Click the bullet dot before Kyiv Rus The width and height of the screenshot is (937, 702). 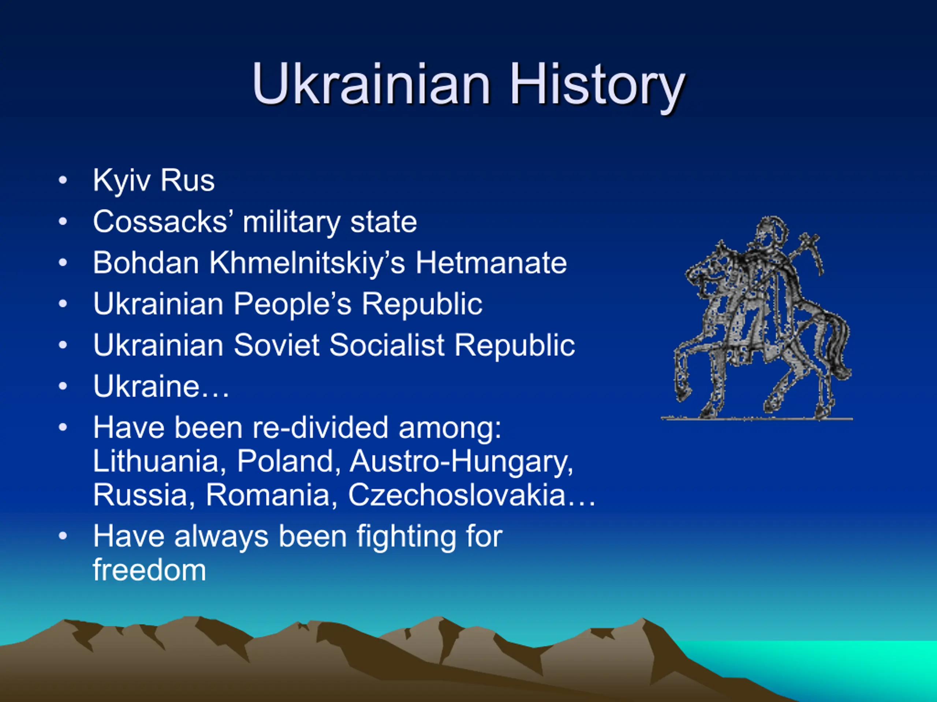point(63,180)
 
